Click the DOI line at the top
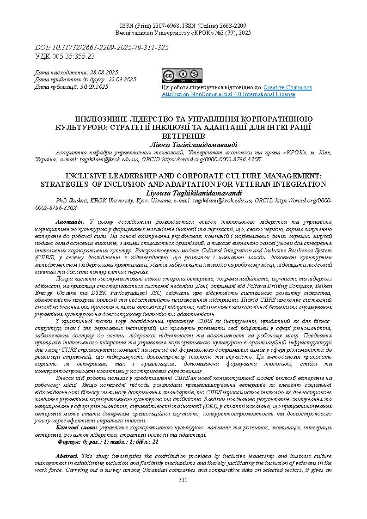coord(102,48)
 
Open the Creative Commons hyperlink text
coord(287,87)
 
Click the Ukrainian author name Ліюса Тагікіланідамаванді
coord(183,145)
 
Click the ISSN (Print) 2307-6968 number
coord(160,26)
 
